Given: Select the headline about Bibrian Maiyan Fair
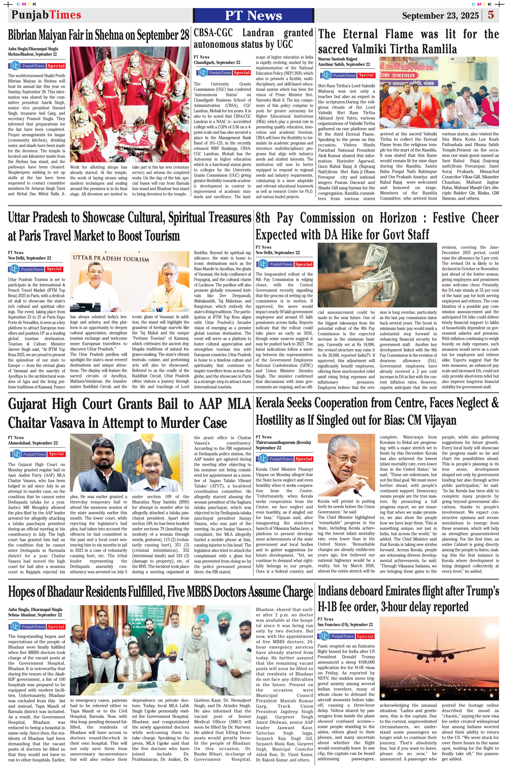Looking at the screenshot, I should [x=98, y=35].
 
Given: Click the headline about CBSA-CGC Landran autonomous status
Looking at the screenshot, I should [x=253, y=39].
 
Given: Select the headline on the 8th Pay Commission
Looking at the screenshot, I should [x=377, y=226].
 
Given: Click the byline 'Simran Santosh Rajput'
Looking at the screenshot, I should [x=338, y=59].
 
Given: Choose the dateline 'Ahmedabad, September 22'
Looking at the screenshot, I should [x=33, y=443].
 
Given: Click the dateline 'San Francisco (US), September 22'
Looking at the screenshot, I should [x=345, y=624].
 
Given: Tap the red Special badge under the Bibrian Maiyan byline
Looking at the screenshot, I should [x=56, y=66].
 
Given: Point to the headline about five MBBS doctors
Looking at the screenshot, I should [x=160, y=592].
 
